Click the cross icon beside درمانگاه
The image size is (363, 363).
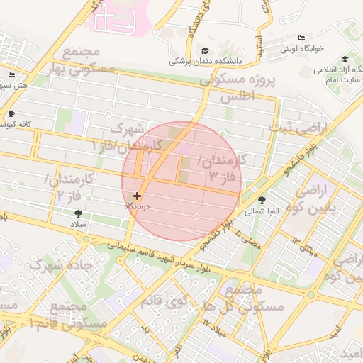[x=137, y=196]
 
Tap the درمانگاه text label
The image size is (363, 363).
[x=140, y=206]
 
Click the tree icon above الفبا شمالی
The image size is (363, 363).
[x=263, y=201]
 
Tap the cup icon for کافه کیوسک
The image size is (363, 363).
[x=11, y=114]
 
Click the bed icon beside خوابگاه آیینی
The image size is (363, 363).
[x=301, y=38]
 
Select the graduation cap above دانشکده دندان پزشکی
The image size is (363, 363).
[x=206, y=51]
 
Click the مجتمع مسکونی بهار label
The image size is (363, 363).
[x=79, y=62]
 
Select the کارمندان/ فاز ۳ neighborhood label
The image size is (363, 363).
[x=221, y=169]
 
